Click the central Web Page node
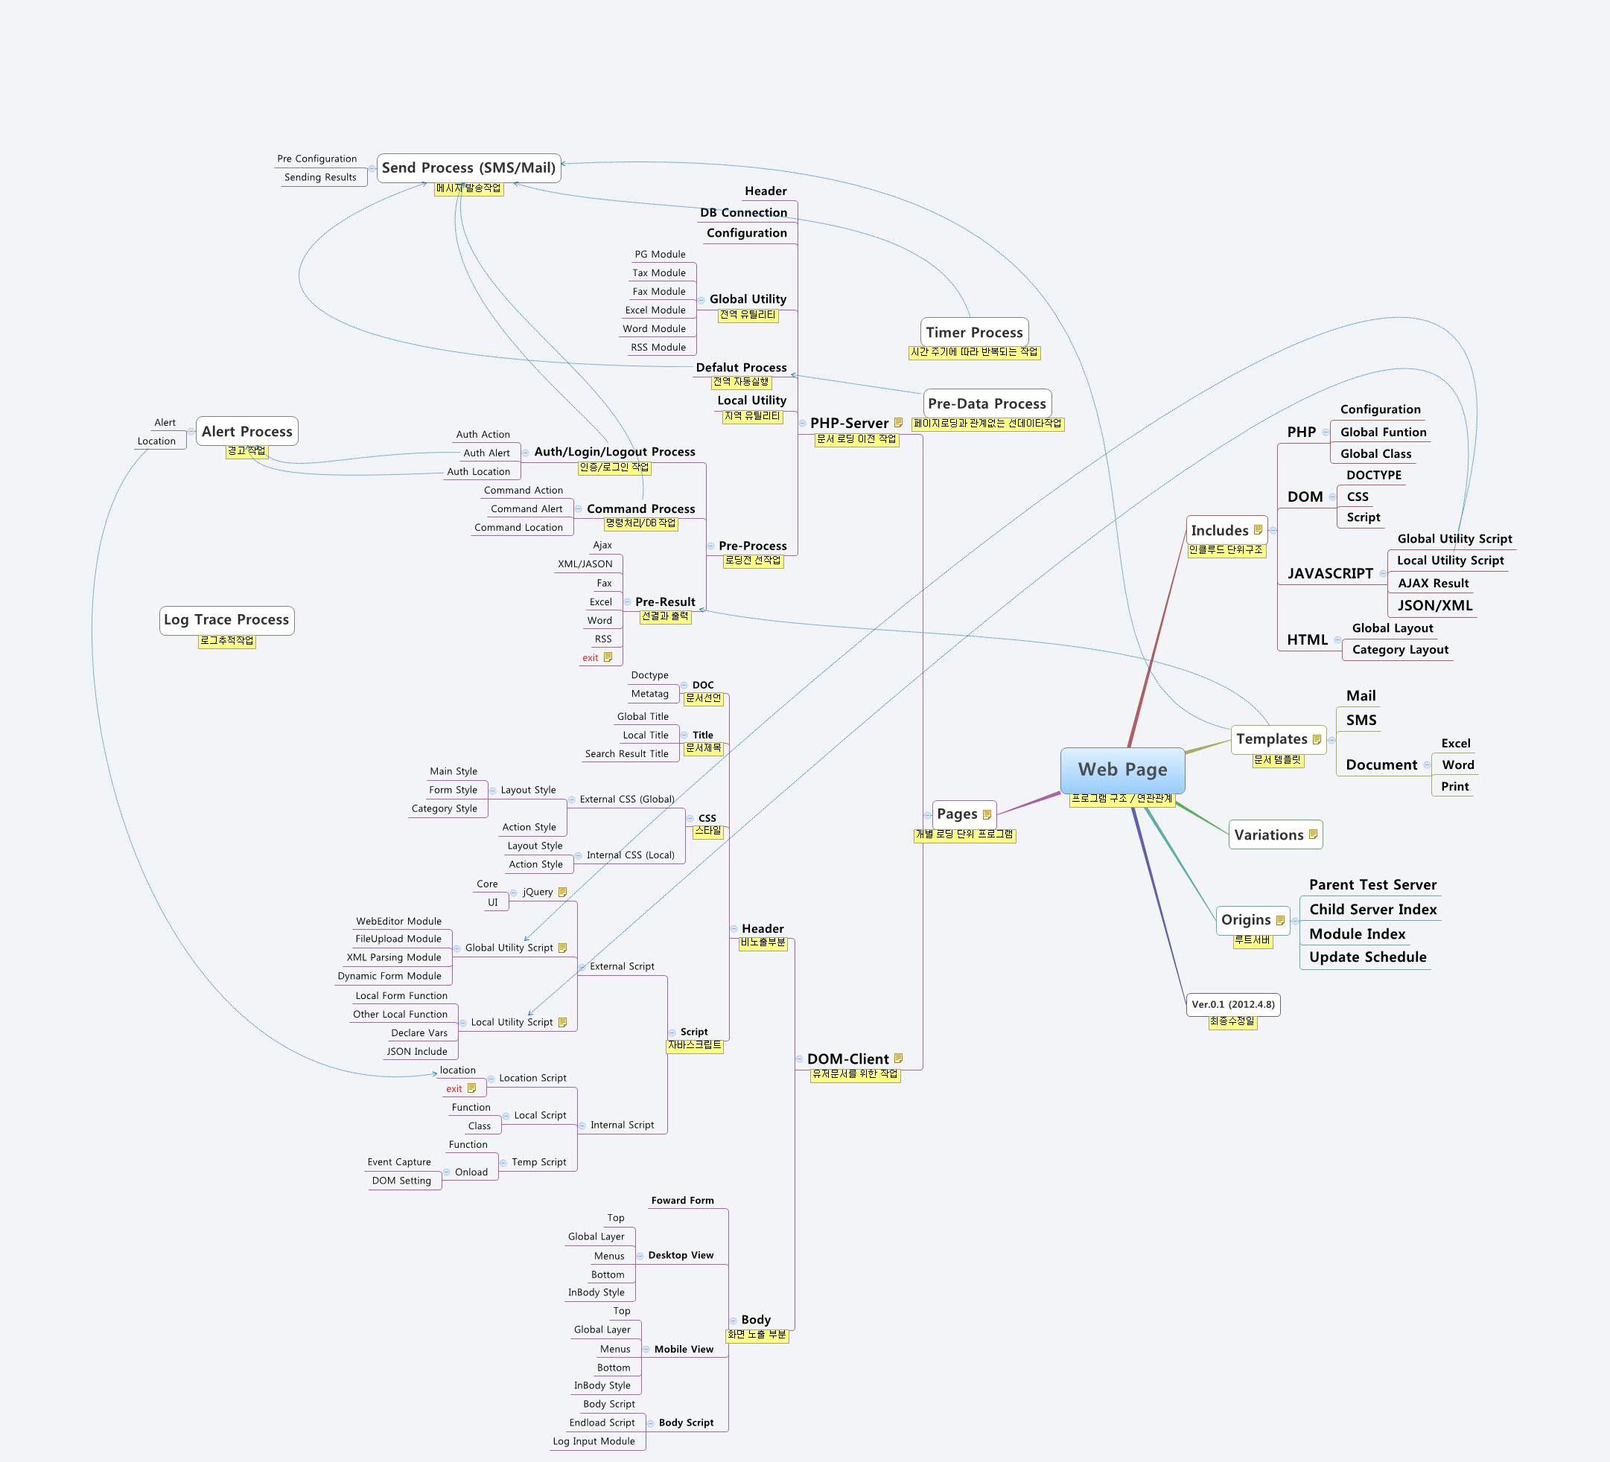coord(1122,770)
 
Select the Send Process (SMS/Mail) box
coord(468,167)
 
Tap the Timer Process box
coord(973,333)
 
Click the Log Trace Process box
coord(226,619)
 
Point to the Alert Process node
coord(246,432)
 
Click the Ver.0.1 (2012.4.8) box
coord(1232,1004)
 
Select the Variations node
coord(1268,835)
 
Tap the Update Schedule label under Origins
coord(1367,957)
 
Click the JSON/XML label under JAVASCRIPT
coord(1434,605)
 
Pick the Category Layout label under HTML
coord(1400,650)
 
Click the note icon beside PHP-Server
coord(898,422)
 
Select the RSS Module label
coord(658,348)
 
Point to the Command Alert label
coord(526,508)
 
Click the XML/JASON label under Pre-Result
coord(585,564)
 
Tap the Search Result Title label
coord(626,754)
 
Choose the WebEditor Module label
coord(398,922)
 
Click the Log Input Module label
coord(594,1441)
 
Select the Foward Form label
coord(682,1201)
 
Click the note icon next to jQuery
coord(562,892)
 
